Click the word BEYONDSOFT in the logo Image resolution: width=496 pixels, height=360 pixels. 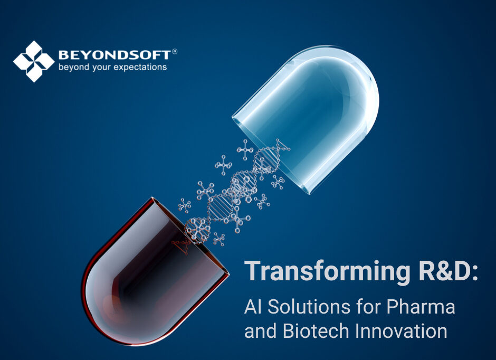coord(114,54)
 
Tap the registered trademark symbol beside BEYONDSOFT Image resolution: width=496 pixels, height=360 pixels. coord(175,52)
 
